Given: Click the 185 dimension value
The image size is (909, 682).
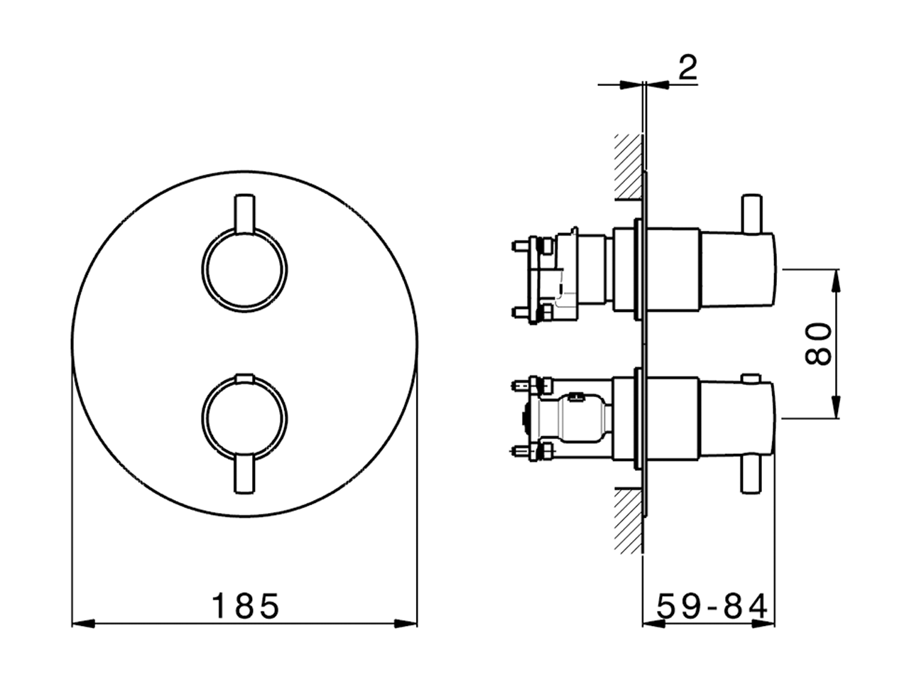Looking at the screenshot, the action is coord(246,606).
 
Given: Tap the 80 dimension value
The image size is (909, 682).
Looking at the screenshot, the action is coord(818,344).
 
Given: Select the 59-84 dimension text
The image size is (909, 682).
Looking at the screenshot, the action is coord(712,607).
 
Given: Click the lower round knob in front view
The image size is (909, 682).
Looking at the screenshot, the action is coord(245,418).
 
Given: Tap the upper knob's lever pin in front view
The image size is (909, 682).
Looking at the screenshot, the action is coord(244,212).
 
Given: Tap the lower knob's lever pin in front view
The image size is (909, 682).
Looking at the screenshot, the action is coord(244,475).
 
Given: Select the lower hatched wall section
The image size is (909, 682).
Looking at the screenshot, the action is coord(629,521).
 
